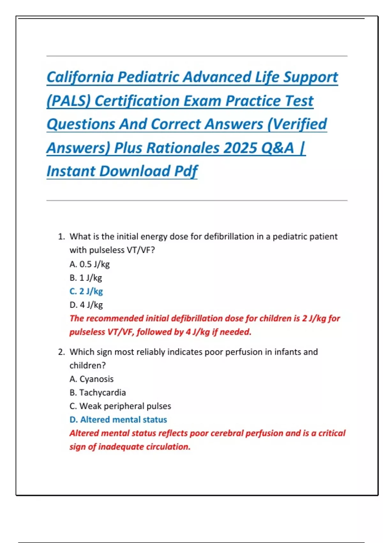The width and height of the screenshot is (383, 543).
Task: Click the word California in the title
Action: point(80,77)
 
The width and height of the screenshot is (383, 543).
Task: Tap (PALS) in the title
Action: point(69,101)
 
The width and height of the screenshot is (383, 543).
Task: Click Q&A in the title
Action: point(277,148)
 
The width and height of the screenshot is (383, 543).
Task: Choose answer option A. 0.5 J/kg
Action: point(90,264)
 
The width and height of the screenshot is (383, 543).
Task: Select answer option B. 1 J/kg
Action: point(86,278)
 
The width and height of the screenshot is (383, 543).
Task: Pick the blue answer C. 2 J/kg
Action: point(86,291)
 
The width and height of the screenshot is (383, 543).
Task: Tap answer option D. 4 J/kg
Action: point(86,305)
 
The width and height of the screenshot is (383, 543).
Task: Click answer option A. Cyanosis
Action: point(92,379)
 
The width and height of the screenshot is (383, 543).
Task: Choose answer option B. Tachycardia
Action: point(98,392)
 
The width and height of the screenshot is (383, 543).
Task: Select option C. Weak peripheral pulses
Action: point(120,406)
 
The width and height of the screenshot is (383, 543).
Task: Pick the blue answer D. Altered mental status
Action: point(118,419)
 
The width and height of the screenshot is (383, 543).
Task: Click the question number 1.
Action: point(61,237)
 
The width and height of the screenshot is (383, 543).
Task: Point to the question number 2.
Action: point(61,352)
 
